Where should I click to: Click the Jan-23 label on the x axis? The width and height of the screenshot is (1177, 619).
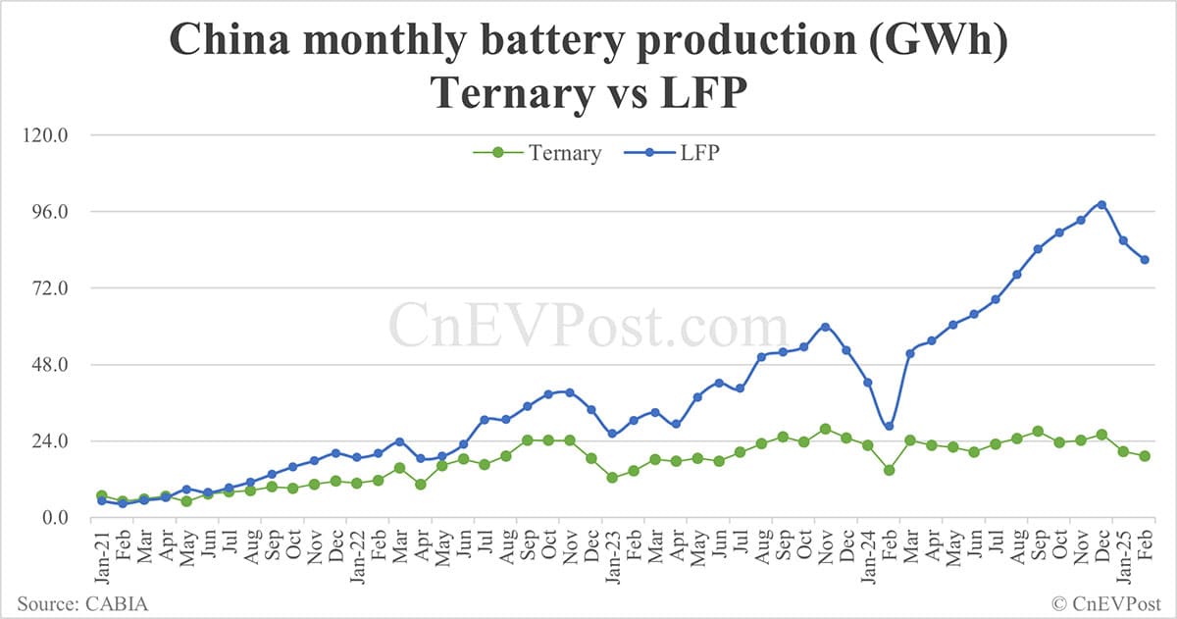coord(612,551)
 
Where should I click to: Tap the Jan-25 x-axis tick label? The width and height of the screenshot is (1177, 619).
coord(1123,551)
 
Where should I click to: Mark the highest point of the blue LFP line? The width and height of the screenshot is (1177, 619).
coord(1101,204)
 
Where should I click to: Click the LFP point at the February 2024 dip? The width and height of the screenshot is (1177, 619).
coord(889,426)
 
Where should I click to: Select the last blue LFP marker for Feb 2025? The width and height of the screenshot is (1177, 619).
coord(1145,260)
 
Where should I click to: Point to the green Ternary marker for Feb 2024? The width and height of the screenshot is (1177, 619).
coord(889,470)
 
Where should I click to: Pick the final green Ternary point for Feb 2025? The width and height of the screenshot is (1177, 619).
coord(1145,456)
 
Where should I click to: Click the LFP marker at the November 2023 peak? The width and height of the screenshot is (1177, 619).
coord(825,327)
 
